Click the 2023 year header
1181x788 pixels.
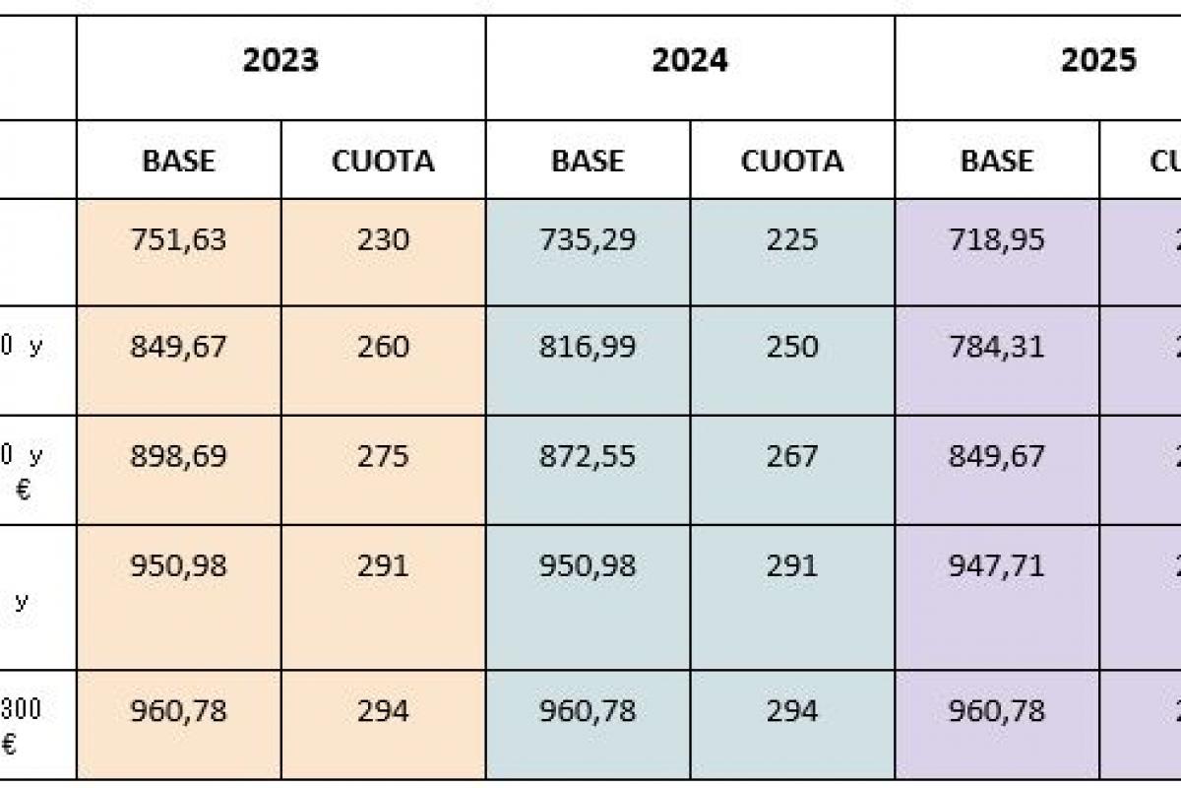[280, 61]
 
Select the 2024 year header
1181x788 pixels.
[689, 61]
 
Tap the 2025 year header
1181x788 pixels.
[1097, 61]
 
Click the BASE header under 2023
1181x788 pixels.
[178, 161]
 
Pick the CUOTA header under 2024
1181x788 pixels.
[791, 161]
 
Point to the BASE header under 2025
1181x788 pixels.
[996, 161]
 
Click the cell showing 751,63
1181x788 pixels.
[178, 240]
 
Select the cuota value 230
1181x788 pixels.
[383, 240]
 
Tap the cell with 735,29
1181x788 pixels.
[587, 240]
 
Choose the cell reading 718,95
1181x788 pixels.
[996, 240]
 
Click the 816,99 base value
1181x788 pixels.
[587, 347]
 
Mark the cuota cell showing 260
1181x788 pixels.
[383, 347]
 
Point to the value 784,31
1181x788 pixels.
[996, 347]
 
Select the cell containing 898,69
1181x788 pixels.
[178, 456]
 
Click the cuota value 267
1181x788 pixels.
[791, 456]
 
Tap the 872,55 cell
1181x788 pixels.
[587, 456]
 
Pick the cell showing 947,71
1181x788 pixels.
[996, 566]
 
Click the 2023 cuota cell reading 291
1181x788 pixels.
[383, 566]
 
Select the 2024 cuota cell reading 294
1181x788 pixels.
[791, 710]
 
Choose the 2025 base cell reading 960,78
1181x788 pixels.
[996, 710]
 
